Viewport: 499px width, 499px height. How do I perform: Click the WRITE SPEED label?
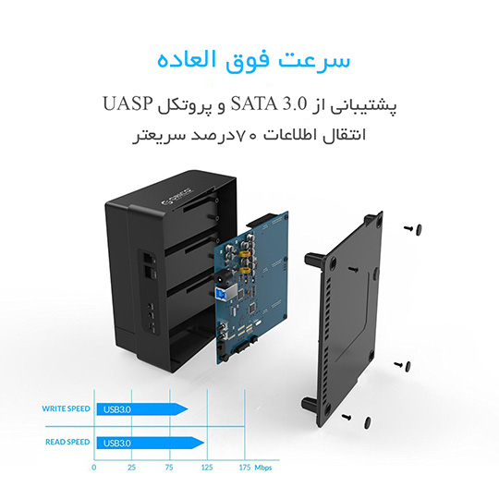(x=67, y=408)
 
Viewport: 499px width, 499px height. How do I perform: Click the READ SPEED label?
(x=67, y=442)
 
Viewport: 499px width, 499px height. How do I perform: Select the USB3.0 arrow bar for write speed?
(x=142, y=409)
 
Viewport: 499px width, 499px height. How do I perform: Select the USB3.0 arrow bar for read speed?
(x=151, y=443)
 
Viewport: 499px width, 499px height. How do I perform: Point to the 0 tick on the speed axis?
(x=94, y=468)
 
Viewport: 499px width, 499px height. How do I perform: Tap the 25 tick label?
(x=132, y=468)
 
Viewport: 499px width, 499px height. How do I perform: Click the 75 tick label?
(x=169, y=468)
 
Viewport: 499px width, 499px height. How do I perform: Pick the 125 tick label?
(x=207, y=468)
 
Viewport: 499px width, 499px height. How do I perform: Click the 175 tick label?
(x=245, y=468)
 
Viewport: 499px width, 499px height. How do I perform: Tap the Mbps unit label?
(x=263, y=468)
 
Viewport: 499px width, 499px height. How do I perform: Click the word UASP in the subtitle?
(x=128, y=103)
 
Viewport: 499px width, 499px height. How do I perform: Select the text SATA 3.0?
(x=269, y=103)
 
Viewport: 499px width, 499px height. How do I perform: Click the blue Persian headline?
(x=253, y=60)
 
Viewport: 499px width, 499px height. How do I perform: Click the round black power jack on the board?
(x=220, y=277)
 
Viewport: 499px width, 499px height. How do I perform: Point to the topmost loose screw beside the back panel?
(x=413, y=228)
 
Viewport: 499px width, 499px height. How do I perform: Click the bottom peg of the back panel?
(x=310, y=405)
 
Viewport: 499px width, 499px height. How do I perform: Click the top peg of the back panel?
(x=313, y=259)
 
